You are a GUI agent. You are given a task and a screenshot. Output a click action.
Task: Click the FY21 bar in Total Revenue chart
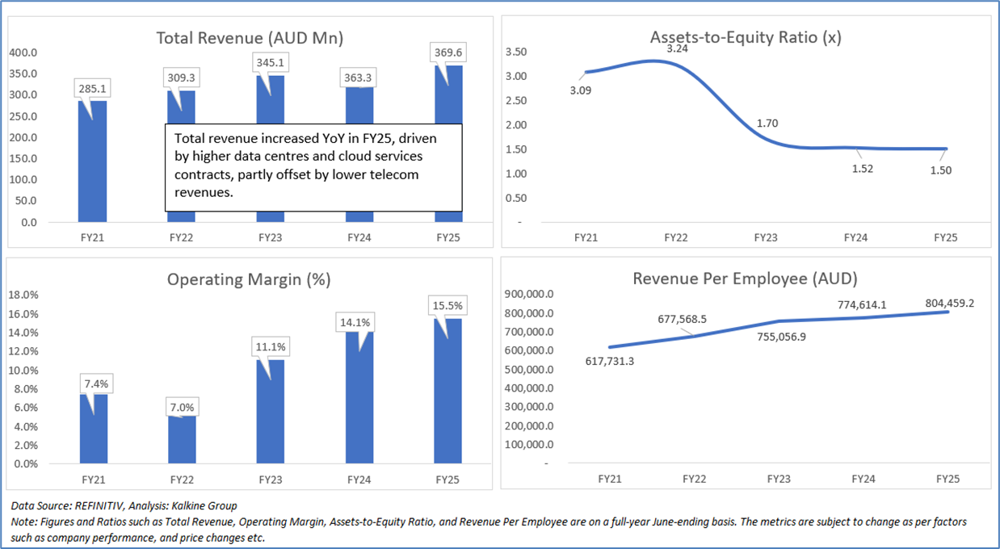click(x=92, y=161)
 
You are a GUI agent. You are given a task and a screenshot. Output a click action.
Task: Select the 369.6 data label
click(x=449, y=52)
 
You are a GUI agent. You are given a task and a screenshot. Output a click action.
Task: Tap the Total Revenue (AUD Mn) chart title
click(x=250, y=38)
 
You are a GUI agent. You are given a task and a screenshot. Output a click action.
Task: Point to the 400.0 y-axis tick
click(x=23, y=52)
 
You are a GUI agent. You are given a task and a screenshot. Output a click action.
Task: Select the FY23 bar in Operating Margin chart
click(x=271, y=412)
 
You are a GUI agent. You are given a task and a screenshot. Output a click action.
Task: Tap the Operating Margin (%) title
click(x=249, y=280)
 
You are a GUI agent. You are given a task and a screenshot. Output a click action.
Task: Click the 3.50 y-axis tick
click(x=515, y=52)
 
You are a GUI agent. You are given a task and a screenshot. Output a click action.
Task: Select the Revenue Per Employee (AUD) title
click(x=745, y=279)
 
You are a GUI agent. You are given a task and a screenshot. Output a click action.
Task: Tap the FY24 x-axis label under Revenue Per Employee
click(x=863, y=479)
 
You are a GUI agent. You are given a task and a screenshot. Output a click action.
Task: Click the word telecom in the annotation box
click(x=393, y=174)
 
